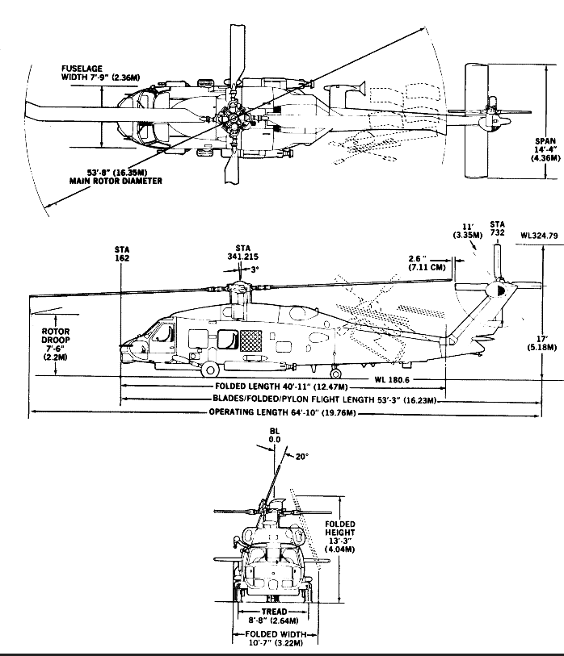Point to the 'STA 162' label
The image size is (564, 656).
(123, 254)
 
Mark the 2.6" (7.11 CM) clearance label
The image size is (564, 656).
(426, 262)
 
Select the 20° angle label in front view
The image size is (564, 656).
(301, 458)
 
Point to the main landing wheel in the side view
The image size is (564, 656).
(209, 370)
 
